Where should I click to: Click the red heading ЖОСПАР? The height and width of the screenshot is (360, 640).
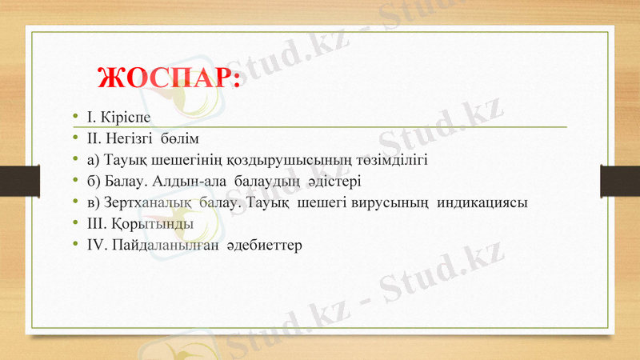point(168,78)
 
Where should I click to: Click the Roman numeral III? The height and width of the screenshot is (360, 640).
point(95,223)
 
